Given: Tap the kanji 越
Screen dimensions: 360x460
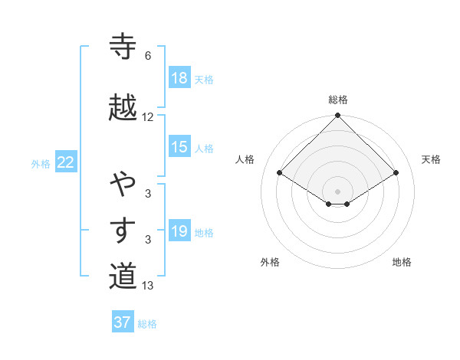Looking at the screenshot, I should coord(123,107).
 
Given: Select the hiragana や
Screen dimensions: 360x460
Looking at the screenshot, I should coord(123,184).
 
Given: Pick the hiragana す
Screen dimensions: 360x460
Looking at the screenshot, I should coord(123,231).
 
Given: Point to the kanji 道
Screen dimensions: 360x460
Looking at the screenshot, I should coord(123,276).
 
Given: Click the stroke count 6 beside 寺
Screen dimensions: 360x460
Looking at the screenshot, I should coord(148,56).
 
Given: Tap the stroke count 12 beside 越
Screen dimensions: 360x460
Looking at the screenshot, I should coord(148,117).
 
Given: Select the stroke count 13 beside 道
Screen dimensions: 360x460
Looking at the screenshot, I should coord(148,286).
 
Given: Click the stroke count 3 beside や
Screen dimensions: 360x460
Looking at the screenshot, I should coord(148,194).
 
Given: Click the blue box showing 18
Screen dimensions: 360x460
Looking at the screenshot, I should coord(179,78).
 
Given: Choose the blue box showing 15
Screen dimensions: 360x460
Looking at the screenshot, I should coord(179,147).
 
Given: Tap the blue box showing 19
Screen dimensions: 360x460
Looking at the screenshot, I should coord(179,231).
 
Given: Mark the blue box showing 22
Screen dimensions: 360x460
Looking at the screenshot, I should coord(66,162).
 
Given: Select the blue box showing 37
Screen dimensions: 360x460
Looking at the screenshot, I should coord(123,322).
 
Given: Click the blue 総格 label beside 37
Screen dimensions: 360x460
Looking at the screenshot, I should coord(147,324).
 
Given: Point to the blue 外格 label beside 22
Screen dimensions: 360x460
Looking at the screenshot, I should coord(41,163).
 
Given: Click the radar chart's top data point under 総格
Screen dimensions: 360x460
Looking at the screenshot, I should coord(337,116).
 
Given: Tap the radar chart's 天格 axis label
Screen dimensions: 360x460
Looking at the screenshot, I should coord(432,159).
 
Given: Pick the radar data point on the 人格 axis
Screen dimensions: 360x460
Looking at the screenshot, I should coord(280,173).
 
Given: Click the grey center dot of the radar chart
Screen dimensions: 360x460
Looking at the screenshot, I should coord(337,191).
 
